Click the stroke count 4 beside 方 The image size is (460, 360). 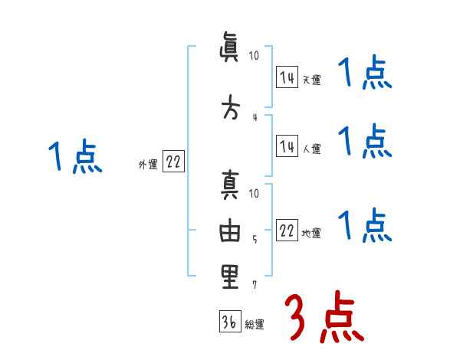[x=255, y=117]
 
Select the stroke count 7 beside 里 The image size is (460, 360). [x=255, y=284]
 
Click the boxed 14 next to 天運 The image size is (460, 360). [x=287, y=77]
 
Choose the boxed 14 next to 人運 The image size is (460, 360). [x=287, y=146]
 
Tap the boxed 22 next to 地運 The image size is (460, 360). [x=287, y=231]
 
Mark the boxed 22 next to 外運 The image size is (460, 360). [x=173, y=162]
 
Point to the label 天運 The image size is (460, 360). [x=311, y=80]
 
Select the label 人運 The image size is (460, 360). [x=311, y=149]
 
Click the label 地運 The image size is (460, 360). [x=311, y=234]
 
